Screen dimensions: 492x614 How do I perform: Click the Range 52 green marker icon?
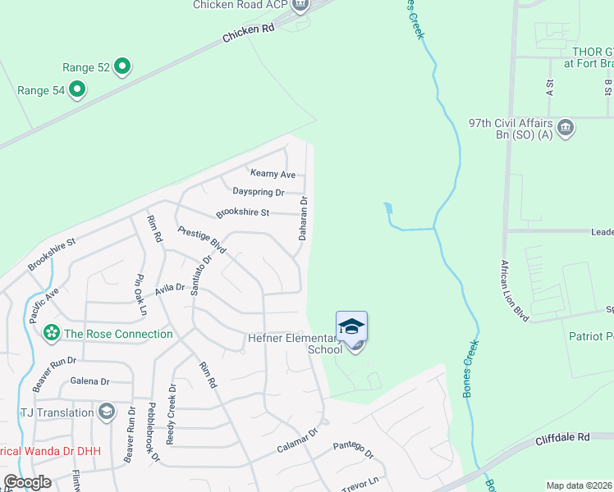[122, 66]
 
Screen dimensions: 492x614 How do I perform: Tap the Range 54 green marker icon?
[77, 89]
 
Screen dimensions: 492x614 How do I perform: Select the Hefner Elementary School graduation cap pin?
[351, 327]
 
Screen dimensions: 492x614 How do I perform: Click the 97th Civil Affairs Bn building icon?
[565, 128]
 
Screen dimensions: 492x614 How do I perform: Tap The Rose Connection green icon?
[52, 334]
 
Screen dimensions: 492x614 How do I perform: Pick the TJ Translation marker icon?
[106, 411]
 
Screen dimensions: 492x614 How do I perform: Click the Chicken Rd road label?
[248, 34]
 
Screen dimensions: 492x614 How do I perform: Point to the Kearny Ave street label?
[273, 174]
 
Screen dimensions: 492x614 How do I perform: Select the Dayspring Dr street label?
[258, 192]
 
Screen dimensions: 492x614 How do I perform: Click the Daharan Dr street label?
[303, 217]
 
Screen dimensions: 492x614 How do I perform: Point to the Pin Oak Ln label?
[140, 295]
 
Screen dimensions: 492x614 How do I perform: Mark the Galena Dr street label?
[90, 381]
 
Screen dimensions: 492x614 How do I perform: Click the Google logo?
[27, 482]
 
